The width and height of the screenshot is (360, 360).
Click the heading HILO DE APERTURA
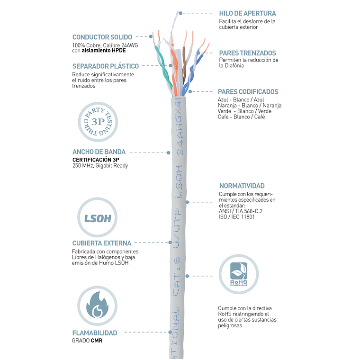coord(247,13)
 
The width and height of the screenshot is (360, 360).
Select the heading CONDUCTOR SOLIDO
coord(102,37)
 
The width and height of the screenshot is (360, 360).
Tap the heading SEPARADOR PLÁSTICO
coord(105,66)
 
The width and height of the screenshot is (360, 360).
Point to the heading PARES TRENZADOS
coord(247,53)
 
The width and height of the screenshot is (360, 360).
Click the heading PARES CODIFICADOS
coord(248,91)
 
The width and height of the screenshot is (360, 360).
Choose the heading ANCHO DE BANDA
coord(99,152)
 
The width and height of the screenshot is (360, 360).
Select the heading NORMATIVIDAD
coord(242,186)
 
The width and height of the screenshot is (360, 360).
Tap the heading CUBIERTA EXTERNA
coord(101,243)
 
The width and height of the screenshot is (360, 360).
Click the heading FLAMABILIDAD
coord(94,333)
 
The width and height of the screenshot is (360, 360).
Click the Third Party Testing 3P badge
coord(97,122)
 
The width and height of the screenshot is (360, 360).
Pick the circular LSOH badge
coord(97,218)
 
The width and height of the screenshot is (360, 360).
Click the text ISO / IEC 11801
coord(236,217)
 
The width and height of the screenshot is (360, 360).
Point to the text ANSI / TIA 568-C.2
coord(240,211)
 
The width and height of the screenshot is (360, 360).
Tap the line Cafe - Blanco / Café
coord(241,117)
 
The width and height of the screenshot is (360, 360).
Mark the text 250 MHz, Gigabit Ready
coord(99,166)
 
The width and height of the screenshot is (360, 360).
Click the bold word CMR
coord(97,340)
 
